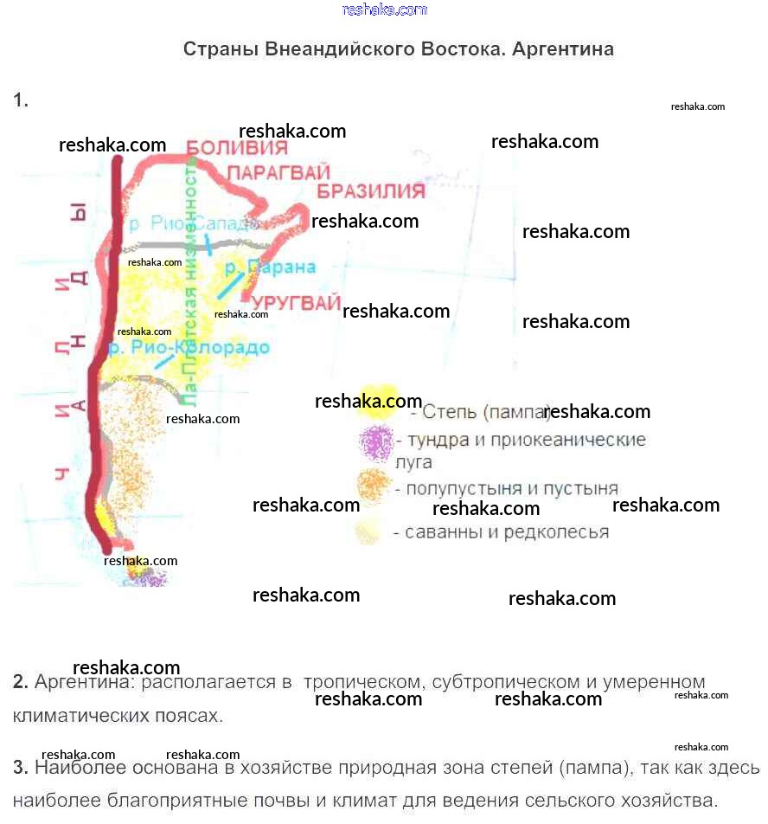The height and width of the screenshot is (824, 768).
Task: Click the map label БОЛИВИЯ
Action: click(x=238, y=148)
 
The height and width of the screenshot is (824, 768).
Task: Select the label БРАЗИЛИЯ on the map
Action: click(x=370, y=191)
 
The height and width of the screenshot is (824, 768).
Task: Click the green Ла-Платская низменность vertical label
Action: click(x=191, y=286)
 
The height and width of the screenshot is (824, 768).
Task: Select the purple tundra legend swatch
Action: click(x=376, y=442)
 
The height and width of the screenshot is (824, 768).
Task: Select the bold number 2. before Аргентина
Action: click(x=21, y=682)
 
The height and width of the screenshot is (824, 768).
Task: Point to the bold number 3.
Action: click(x=21, y=768)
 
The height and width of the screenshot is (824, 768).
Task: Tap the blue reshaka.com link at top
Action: click(x=385, y=10)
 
